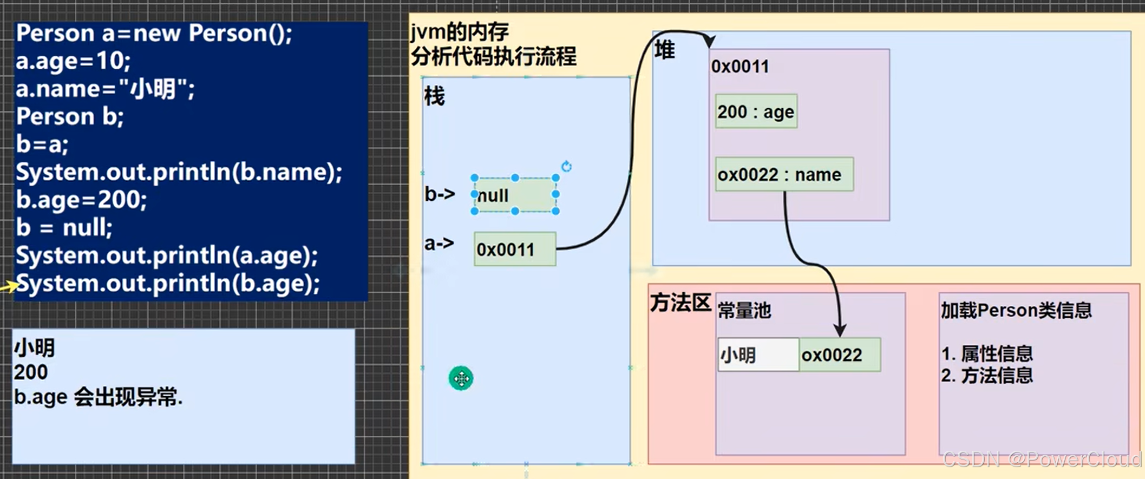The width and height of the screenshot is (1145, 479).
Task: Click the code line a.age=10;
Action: (73, 61)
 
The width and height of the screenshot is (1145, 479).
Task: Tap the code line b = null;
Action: (64, 227)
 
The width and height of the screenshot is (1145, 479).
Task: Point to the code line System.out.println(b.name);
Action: (179, 173)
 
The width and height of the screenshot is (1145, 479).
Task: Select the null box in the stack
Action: (515, 195)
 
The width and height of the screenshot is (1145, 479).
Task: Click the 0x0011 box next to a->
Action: (514, 250)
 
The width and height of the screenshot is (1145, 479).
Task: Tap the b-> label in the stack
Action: (440, 194)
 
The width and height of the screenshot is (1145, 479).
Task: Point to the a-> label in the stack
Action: (439, 244)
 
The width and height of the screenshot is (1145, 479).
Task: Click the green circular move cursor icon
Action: (461, 378)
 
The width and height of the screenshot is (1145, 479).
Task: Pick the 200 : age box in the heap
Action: (756, 111)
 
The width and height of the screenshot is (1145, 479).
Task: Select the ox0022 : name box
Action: (784, 174)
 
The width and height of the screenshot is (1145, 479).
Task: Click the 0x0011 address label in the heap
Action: (740, 67)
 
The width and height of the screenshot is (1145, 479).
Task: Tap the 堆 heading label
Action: (665, 50)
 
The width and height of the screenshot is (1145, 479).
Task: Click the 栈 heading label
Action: (434, 96)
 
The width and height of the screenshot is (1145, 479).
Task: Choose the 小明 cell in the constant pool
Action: (758, 355)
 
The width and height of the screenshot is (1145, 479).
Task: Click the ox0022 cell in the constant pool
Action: (839, 355)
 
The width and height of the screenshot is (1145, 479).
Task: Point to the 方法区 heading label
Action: (680, 303)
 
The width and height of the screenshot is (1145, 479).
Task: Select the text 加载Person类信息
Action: (1016, 311)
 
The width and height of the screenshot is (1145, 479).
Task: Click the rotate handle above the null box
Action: (566, 166)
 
